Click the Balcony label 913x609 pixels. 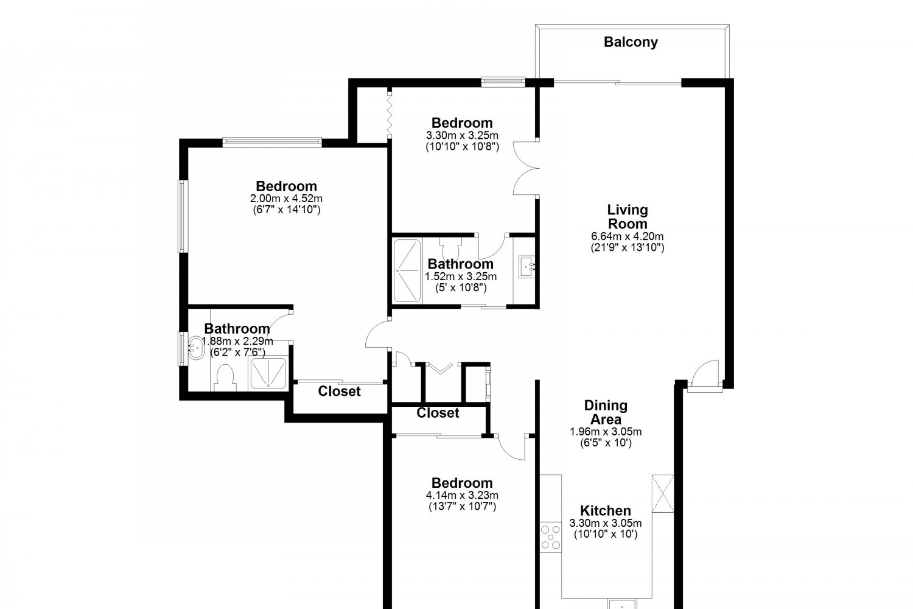(x=631, y=42)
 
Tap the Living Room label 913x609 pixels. (x=628, y=217)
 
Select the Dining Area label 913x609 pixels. (x=606, y=412)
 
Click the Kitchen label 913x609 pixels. (x=605, y=510)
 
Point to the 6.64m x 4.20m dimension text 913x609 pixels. (x=628, y=236)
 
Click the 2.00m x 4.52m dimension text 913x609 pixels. (x=286, y=199)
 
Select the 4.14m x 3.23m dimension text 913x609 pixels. (x=462, y=495)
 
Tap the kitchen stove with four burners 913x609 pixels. (x=551, y=537)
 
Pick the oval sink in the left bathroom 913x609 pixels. (x=196, y=348)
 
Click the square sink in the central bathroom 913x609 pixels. (x=526, y=267)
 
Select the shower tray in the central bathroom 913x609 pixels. (x=407, y=271)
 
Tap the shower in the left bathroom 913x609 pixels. (x=268, y=373)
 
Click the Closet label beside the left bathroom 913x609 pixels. (x=339, y=391)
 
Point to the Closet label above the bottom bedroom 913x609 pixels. (x=438, y=413)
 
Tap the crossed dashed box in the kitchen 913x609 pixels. (x=663, y=493)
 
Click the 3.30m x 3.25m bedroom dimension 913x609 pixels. (x=462, y=135)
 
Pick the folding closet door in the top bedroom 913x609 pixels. (x=390, y=114)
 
